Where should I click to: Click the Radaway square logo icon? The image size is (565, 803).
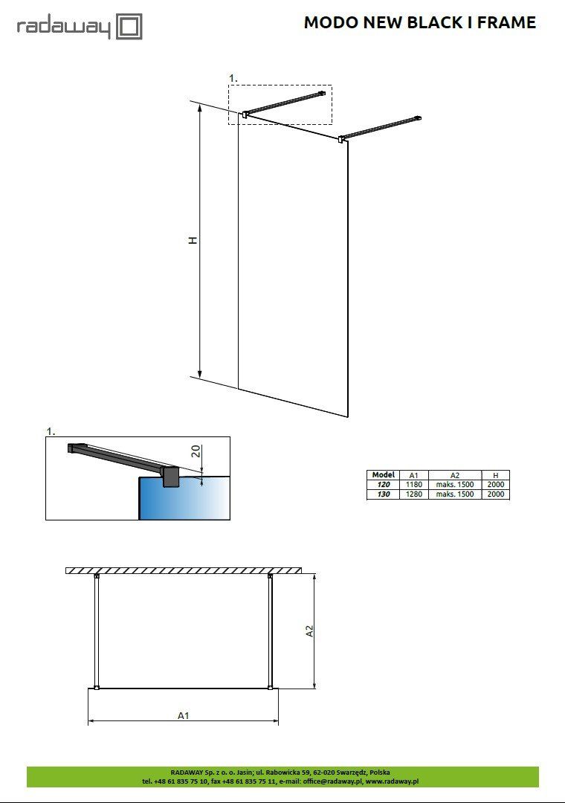click(x=129, y=27)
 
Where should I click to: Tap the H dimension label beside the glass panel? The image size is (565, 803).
click(x=193, y=240)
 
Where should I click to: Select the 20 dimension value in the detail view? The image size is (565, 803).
click(x=196, y=451)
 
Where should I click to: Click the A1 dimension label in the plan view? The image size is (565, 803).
click(x=184, y=715)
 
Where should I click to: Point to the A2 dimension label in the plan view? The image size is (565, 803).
click(x=309, y=631)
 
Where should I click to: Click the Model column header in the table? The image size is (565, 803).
click(x=383, y=474)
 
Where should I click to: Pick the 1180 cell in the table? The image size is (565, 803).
click(x=414, y=485)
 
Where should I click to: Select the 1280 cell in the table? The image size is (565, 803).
click(x=414, y=494)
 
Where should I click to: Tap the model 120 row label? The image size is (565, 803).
click(x=383, y=485)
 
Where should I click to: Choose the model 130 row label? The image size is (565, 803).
click(x=383, y=494)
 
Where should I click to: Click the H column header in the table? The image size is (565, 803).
click(x=495, y=475)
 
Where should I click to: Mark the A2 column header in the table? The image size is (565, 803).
click(x=454, y=475)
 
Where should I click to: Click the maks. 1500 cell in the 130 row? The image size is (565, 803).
click(x=455, y=494)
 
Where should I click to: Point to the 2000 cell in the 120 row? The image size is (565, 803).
click(x=496, y=485)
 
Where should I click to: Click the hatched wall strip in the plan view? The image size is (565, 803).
click(x=184, y=570)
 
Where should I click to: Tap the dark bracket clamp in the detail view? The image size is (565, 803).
click(x=170, y=477)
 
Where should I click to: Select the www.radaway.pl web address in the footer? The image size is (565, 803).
click(x=392, y=781)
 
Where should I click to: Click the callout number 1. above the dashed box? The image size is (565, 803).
click(x=233, y=78)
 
